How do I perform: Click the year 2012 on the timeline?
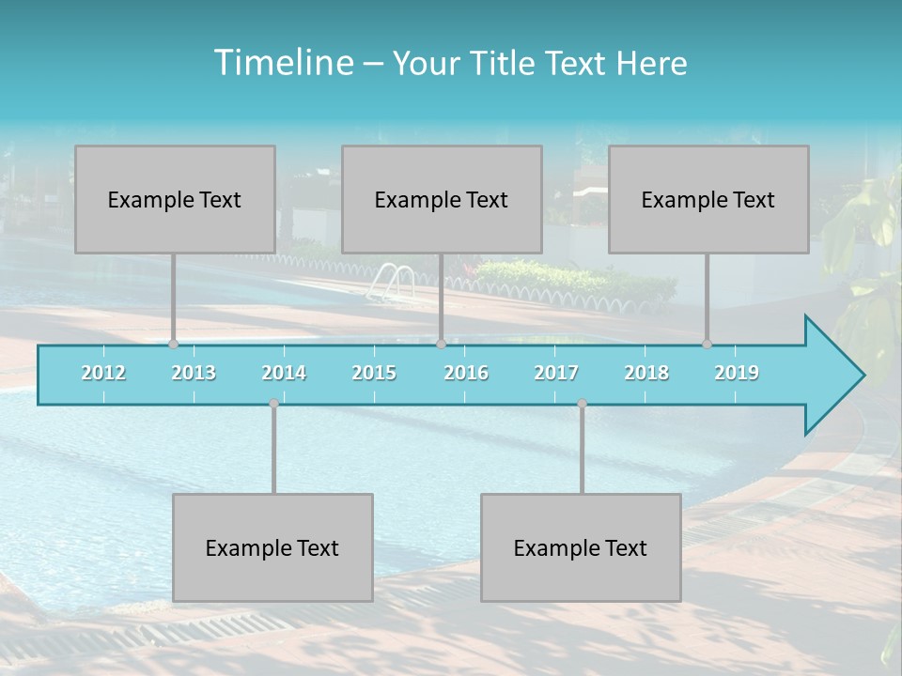click(x=103, y=373)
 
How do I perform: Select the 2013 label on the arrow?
click(x=194, y=373)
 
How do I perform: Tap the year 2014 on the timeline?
click(x=284, y=373)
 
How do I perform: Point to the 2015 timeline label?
click(x=374, y=373)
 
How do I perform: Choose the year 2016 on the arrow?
click(x=466, y=373)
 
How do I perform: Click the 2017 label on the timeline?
click(x=556, y=373)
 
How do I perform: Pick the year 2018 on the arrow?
click(x=646, y=373)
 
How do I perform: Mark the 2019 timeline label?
click(x=737, y=373)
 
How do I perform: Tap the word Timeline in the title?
click(x=282, y=63)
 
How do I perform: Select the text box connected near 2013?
click(x=175, y=199)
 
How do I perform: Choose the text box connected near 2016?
click(x=442, y=199)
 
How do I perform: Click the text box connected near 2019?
click(x=708, y=199)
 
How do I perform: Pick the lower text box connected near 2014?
click(x=272, y=547)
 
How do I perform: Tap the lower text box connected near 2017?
click(x=581, y=547)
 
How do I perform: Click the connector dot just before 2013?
click(x=174, y=345)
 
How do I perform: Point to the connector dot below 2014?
click(x=273, y=404)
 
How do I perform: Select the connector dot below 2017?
click(x=582, y=404)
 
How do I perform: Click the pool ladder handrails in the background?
click(x=393, y=281)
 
